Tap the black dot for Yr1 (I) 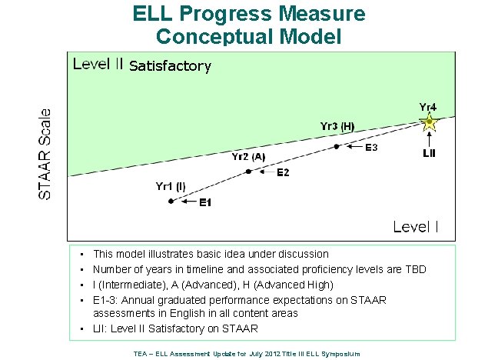171,202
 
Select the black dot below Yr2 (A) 248,172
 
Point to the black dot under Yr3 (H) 337,145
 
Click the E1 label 205,202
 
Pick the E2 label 283,172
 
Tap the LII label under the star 430,153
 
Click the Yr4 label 428,107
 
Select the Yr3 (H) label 337,125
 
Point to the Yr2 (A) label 248,156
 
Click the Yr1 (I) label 171,185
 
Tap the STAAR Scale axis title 46,154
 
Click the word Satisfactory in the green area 170,66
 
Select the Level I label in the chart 416,226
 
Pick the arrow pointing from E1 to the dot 185,202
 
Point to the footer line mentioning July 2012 247,353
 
